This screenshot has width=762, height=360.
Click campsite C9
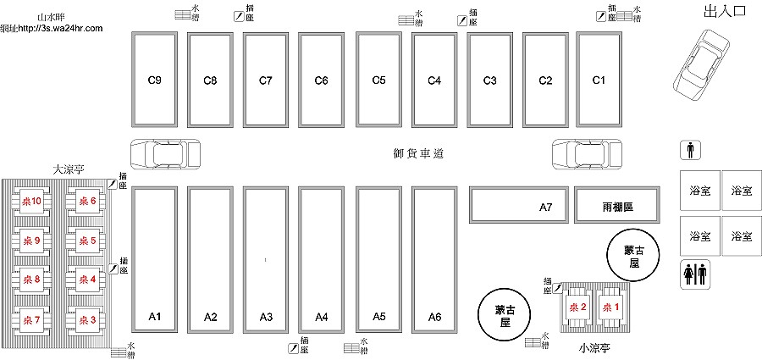[155, 80]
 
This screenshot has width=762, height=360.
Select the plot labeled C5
[378, 80]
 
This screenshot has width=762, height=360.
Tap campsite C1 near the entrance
[599, 80]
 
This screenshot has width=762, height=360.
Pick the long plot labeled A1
[155, 260]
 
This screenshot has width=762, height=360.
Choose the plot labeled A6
[434, 260]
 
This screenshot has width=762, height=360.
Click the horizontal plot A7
[518, 204]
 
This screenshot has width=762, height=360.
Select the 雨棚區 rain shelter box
[617, 204]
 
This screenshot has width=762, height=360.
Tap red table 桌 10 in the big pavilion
[31, 201]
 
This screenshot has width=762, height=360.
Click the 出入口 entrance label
[725, 12]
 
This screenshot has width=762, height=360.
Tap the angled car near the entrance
[701, 65]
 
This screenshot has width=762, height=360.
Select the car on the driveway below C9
[165, 154]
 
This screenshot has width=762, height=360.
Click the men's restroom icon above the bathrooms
[690, 150]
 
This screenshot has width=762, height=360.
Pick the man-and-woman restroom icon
[695, 274]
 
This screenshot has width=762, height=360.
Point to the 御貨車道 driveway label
[418, 153]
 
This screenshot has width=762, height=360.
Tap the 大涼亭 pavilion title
[69, 169]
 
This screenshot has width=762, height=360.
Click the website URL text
[52, 28]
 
